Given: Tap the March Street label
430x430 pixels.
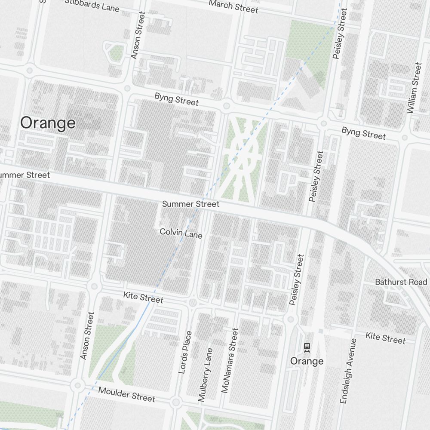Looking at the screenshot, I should coord(233,6).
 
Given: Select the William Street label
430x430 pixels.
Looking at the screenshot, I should coord(415,88).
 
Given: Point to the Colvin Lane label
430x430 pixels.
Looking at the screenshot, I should coord(181,233).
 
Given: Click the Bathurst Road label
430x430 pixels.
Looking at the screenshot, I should coord(401,282).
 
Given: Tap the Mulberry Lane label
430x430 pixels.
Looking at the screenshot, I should coord(206,374).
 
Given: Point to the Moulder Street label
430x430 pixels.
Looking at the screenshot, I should coord(126,394).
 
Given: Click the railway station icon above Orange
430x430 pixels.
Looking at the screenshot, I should coord(307,346).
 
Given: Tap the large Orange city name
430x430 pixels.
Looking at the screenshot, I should coord(48,123).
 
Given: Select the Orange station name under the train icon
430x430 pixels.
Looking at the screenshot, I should coord(307,361).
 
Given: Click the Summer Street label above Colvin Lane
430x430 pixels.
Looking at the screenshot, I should coord(190,204).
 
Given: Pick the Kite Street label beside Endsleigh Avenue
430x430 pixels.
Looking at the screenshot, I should coord(385,338).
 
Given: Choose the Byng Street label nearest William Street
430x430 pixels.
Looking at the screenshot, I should coord(363,133).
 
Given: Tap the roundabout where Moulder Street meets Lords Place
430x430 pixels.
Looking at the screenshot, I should coord(175,402).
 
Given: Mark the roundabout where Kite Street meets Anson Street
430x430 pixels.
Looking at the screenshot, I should coord(94,286).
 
